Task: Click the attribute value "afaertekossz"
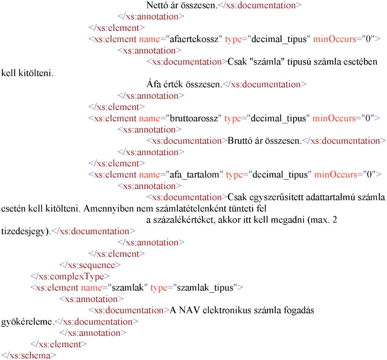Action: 194,39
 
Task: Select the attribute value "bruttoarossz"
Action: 194,118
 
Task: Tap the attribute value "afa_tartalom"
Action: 195,175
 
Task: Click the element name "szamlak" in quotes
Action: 128,288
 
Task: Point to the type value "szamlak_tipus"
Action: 205,288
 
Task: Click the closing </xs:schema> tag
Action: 29,355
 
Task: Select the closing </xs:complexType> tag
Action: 70,276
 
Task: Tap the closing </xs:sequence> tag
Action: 90,265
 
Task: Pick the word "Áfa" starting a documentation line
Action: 154,84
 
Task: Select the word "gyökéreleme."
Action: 28,322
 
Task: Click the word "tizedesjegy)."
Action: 26,231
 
